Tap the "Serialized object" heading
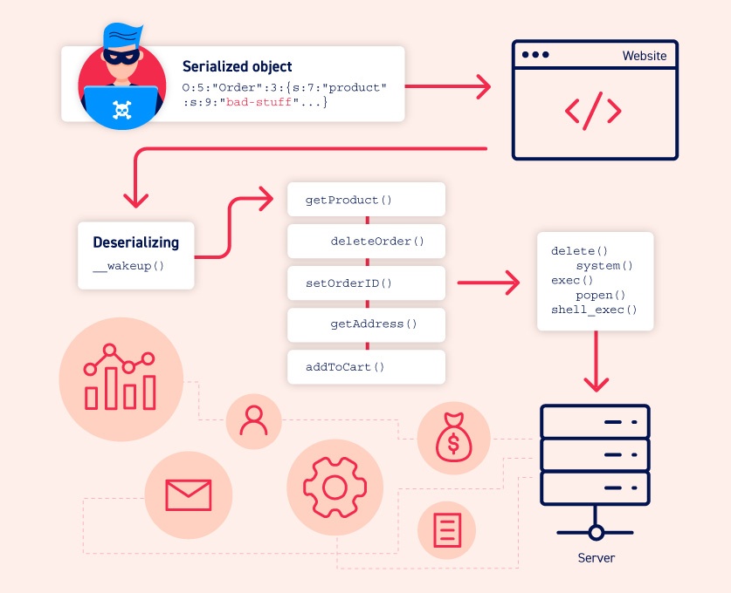pyautogui.click(x=237, y=66)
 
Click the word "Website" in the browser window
pyautogui.click(x=644, y=56)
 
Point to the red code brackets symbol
pyautogui.click(x=593, y=110)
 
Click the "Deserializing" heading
pyautogui.click(x=136, y=242)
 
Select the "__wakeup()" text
pyautogui.click(x=128, y=266)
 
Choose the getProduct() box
pyautogui.click(x=366, y=200)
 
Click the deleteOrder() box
pyautogui.click(x=366, y=241)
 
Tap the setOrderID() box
pyautogui.click(x=366, y=283)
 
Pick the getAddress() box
pyautogui.click(x=366, y=324)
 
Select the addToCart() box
pyautogui.click(x=366, y=366)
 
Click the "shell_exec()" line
pyautogui.click(x=594, y=310)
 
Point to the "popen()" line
pyautogui.click(x=603, y=295)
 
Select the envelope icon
pyautogui.click(x=188, y=494)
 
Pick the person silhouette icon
pyautogui.click(x=253, y=421)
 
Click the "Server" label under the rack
pyautogui.click(x=596, y=558)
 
